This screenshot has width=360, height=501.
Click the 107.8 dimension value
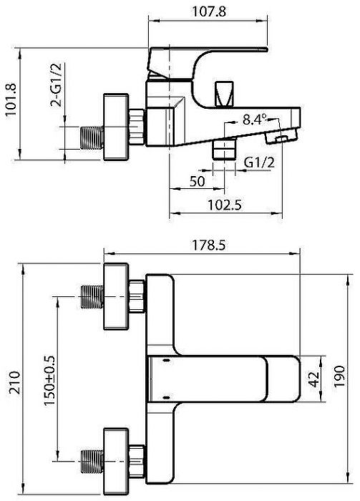(x=208, y=11)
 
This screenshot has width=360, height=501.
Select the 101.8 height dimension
(x=11, y=100)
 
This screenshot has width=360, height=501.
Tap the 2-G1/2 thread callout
(x=56, y=84)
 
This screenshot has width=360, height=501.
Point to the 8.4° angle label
(x=255, y=120)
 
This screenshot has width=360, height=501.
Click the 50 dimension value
(x=197, y=182)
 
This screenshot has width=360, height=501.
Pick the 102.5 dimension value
(x=225, y=205)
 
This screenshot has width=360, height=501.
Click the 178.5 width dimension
(x=208, y=245)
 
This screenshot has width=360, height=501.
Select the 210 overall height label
(x=15, y=382)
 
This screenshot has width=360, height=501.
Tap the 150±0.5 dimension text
(x=49, y=380)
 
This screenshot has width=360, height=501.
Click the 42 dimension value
(x=315, y=379)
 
